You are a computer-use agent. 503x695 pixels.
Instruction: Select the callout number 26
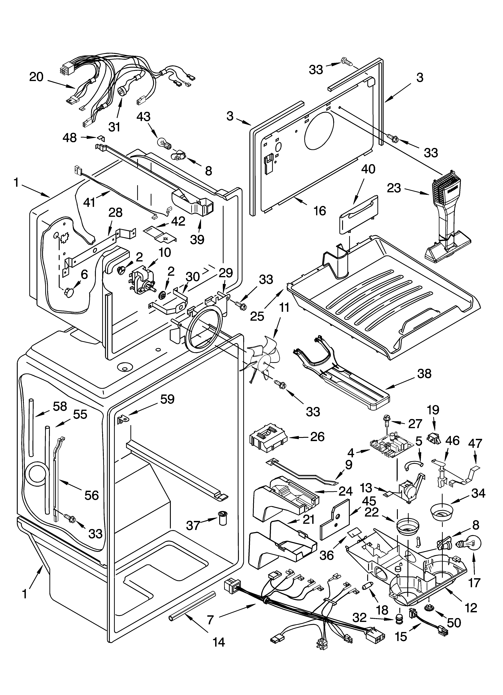(317, 437)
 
